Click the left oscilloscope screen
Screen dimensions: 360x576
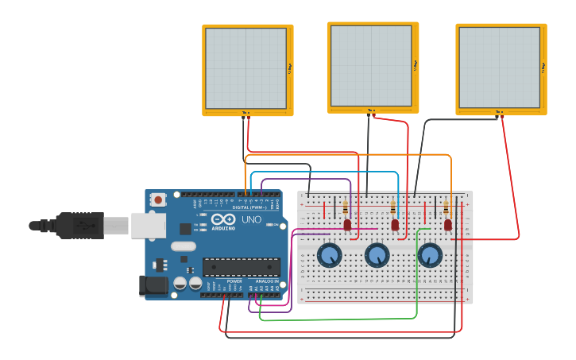246,68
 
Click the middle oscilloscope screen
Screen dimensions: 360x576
371,65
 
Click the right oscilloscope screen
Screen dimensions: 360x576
499,67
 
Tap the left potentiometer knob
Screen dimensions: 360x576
329,255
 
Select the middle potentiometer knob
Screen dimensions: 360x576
377,255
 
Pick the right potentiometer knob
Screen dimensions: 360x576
429,255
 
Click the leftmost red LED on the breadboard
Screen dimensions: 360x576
347,225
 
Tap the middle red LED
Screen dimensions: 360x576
395,225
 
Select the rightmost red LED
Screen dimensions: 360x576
448,225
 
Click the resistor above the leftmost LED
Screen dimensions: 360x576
345,209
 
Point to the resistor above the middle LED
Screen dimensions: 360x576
393,209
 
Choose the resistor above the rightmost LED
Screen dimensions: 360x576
446,209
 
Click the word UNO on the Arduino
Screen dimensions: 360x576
251,219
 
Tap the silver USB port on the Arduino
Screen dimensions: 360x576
148,225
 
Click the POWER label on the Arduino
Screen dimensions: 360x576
234,281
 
